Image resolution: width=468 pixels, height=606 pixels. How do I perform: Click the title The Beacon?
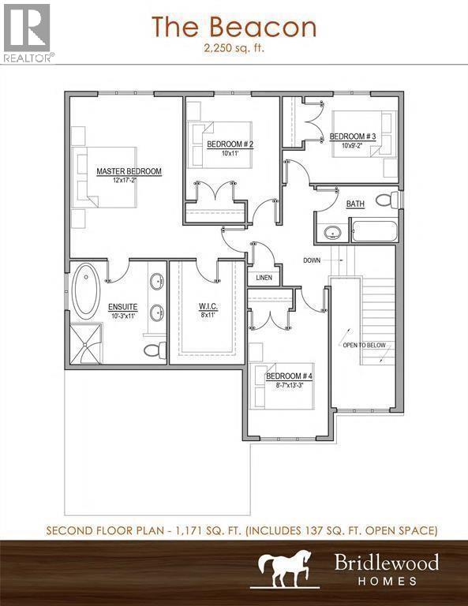tap(234, 27)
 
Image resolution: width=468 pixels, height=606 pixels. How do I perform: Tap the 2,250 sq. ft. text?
tap(234, 48)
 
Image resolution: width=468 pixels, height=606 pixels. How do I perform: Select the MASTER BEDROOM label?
tap(129, 171)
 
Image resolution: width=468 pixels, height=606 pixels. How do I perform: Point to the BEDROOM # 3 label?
tap(353, 137)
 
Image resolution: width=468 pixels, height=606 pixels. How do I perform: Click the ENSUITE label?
tap(123, 307)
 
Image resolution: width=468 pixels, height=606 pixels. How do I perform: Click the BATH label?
tap(355, 204)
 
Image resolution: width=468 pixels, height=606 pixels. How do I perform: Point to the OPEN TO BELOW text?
tap(364, 345)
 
